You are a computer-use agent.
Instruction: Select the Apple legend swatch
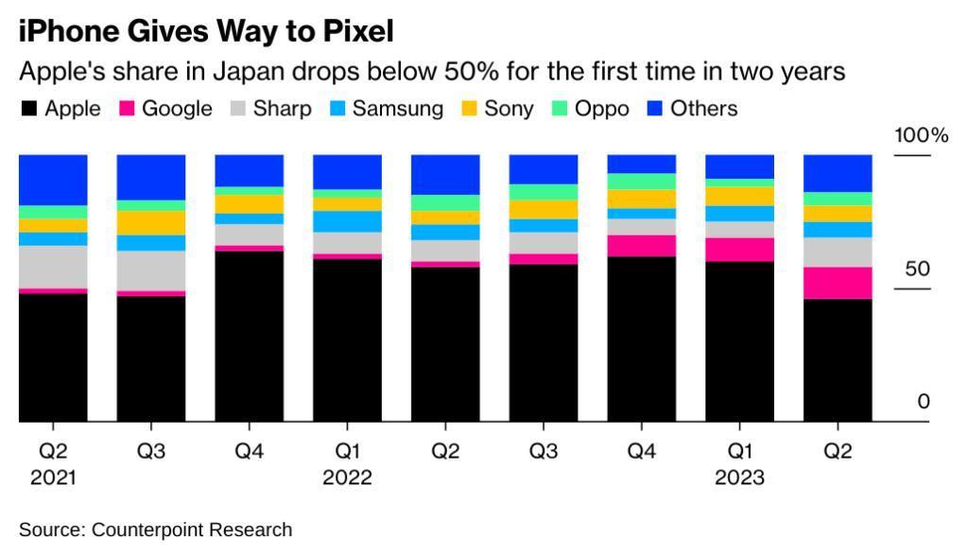pyautogui.click(x=29, y=109)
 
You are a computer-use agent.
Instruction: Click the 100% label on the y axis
pyautogui.click(x=921, y=135)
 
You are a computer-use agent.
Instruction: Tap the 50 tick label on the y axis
pyautogui.click(x=917, y=269)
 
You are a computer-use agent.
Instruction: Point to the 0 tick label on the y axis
pyautogui.click(x=924, y=402)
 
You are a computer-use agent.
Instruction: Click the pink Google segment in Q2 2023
pyautogui.click(x=838, y=283)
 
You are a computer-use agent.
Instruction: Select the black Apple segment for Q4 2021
pyautogui.click(x=250, y=336)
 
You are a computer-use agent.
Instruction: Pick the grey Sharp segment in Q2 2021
pyautogui.click(x=53, y=267)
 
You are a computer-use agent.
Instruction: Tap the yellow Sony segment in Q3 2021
pyautogui.click(x=151, y=222)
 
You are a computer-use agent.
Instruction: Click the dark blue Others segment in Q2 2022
pyautogui.click(x=445, y=174)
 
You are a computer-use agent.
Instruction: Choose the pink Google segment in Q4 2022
pyautogui.click(x=641, y=246)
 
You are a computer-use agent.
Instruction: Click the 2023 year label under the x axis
pyautogui.click(x=739, y=478)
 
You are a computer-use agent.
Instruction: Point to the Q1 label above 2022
pyautogui.click(x=347, y=451)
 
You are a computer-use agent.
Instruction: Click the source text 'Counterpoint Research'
pyautogui.click(x=192, y=530)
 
